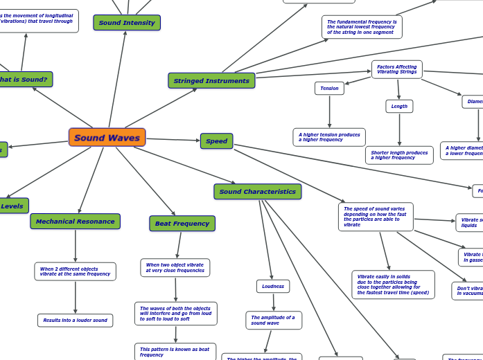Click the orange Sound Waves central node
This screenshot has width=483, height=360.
coord(107,138)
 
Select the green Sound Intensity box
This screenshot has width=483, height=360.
coord(127,23)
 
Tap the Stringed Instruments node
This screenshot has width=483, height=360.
coord(211,81)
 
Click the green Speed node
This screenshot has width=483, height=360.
coord(216,141)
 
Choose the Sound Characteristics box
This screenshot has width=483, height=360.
coord(257,192)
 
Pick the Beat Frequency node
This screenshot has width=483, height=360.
coord(182,224)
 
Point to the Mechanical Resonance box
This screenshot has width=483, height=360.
coord(75,222)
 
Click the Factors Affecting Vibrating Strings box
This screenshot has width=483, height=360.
coord(396,70)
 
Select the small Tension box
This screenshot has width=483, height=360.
coord(329,89)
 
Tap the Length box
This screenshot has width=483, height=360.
coord(399,106)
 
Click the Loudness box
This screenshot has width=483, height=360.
coord(273,286)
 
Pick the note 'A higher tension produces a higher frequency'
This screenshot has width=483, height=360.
coord(329,137)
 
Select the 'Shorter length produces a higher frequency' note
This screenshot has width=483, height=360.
coord(399,155)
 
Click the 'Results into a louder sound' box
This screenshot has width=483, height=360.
coord(75,321)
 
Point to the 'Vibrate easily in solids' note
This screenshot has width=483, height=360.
coord(393,285)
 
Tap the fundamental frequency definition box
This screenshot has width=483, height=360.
coord(362,27)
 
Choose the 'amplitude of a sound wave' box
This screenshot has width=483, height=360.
coord(274,321)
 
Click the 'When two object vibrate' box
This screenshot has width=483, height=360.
coord(175,268)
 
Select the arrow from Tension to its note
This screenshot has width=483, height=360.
coord(329,111)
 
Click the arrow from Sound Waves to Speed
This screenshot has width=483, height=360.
coord(173,140)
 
